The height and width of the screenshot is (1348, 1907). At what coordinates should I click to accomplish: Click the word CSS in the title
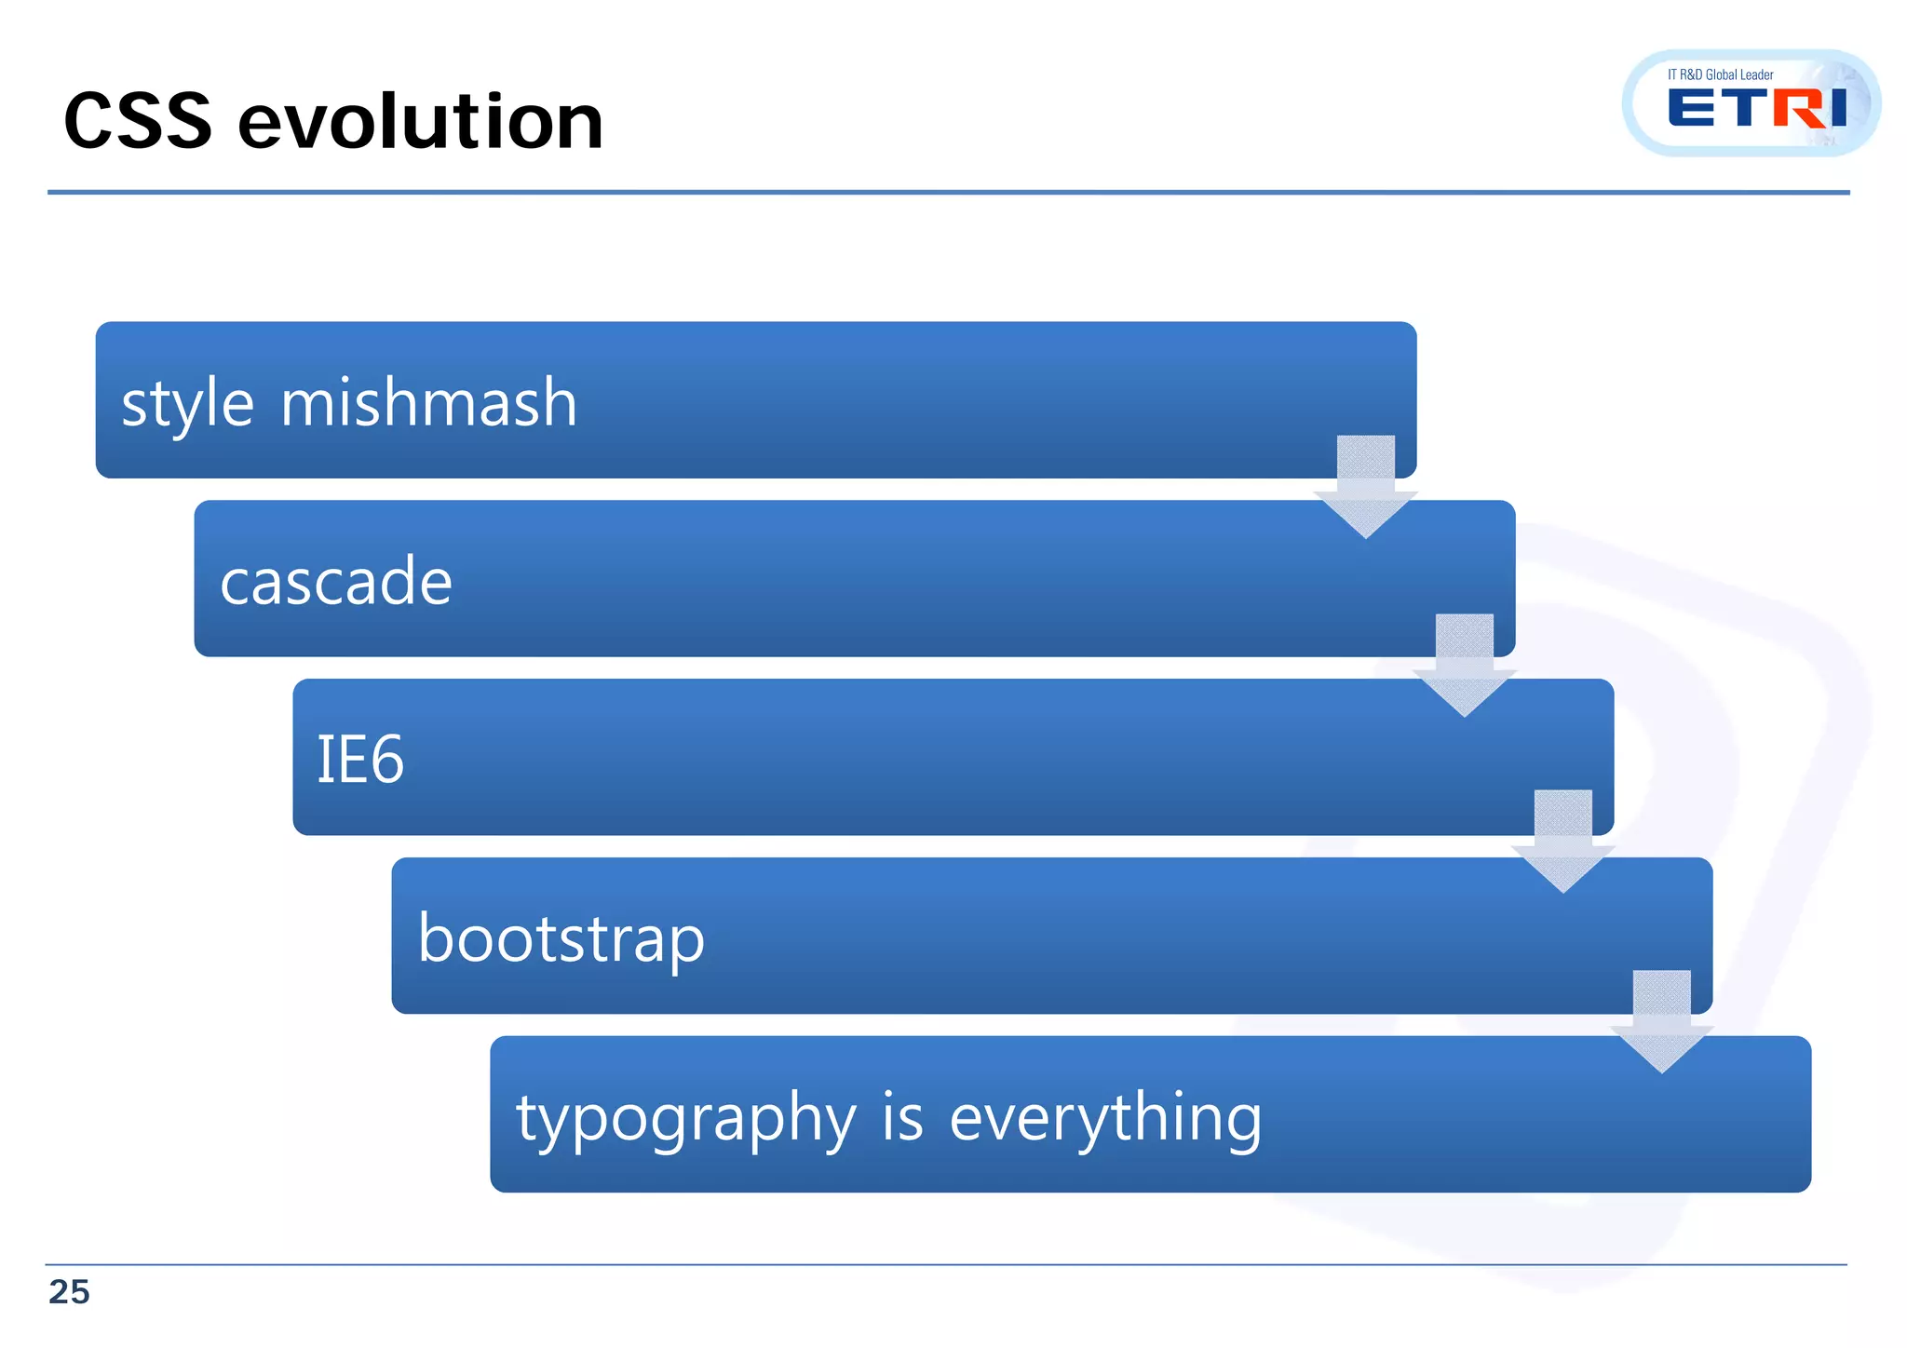[x=138, y=121]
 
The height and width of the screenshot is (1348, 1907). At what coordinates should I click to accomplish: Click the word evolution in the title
[x=421, y=121]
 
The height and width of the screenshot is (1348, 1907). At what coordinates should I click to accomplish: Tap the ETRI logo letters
[x=1756, y=108]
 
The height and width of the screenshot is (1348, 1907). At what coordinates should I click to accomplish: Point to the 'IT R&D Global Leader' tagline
[x=1720, y=74]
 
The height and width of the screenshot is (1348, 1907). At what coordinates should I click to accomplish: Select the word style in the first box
[x=187, y=404]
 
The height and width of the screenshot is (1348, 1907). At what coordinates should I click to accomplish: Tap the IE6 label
[x=360, y=759]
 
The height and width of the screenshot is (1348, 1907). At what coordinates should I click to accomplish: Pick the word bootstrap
[x=561, y=938]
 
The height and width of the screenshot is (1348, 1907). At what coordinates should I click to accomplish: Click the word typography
[x=686, y=1117]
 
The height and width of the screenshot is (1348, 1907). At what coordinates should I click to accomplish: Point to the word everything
[x=1105, y=1117]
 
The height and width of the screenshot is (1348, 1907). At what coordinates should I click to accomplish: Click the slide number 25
[x=69, y=1292]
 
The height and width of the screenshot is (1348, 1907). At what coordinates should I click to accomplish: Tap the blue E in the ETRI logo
[x=1691, y=108]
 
